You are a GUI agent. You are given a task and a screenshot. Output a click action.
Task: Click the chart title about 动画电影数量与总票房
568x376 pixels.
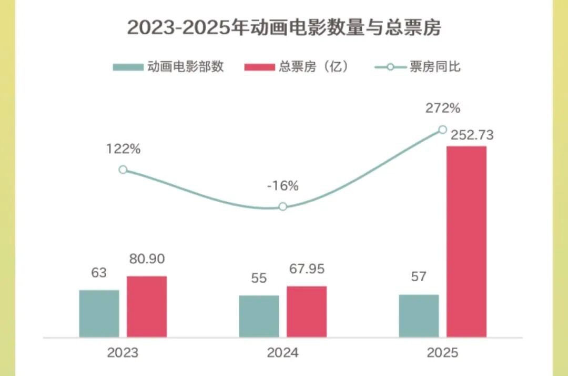(284, 27)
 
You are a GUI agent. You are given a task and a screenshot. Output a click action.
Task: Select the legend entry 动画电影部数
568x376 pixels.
(169, 67)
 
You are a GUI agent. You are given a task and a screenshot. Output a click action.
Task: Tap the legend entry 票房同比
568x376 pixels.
(418, 67)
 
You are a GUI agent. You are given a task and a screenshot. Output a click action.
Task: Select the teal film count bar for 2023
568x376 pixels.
(99, 313)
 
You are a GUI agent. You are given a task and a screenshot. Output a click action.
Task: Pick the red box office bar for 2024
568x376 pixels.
(307, 311)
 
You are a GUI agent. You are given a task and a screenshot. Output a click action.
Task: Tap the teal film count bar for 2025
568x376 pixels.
(419, 315)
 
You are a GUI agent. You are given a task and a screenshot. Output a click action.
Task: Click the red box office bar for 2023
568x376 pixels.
(147, 306)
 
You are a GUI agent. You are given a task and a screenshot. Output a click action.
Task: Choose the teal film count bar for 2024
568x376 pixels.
(259, 316)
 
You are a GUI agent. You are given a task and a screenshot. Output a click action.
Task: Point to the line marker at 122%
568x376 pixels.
(123, 170)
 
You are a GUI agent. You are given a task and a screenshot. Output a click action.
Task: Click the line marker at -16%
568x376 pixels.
(283, 206)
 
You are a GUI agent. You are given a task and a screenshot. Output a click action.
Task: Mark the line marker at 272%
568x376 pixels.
(442, 130)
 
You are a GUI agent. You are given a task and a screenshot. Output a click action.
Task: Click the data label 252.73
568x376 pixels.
(472, 135)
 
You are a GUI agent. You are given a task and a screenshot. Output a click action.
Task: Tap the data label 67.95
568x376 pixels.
(307, 269)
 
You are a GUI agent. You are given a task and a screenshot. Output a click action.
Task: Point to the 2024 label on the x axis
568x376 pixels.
(282, 352)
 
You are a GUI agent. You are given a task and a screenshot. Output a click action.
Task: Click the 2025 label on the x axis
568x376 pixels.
(442, 352)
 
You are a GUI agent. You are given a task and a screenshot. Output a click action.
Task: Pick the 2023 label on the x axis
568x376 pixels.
(123, 352)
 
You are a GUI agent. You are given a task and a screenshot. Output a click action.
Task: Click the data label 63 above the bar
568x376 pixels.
(99, 273)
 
